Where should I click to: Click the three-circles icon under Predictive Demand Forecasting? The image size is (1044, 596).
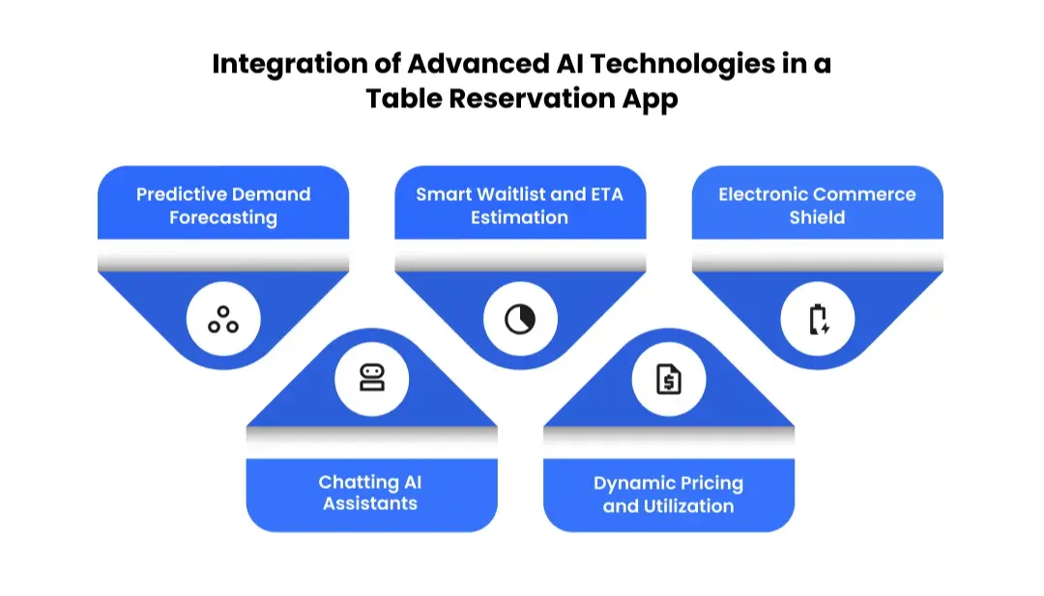(223, 319)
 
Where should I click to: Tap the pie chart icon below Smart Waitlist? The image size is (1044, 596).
(520, 319)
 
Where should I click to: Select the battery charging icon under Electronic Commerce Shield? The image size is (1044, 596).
(818, 319)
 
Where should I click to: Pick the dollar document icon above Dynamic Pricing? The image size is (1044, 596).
(669, 379)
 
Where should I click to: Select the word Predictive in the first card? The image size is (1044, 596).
(178, 194)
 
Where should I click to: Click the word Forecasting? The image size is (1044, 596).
(223, 217)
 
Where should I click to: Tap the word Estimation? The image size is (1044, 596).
(520, 217)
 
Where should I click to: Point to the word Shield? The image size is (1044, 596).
(818, 217)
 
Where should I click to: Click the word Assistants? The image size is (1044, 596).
(371, 504)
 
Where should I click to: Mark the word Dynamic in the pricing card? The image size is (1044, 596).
(629, 483)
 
